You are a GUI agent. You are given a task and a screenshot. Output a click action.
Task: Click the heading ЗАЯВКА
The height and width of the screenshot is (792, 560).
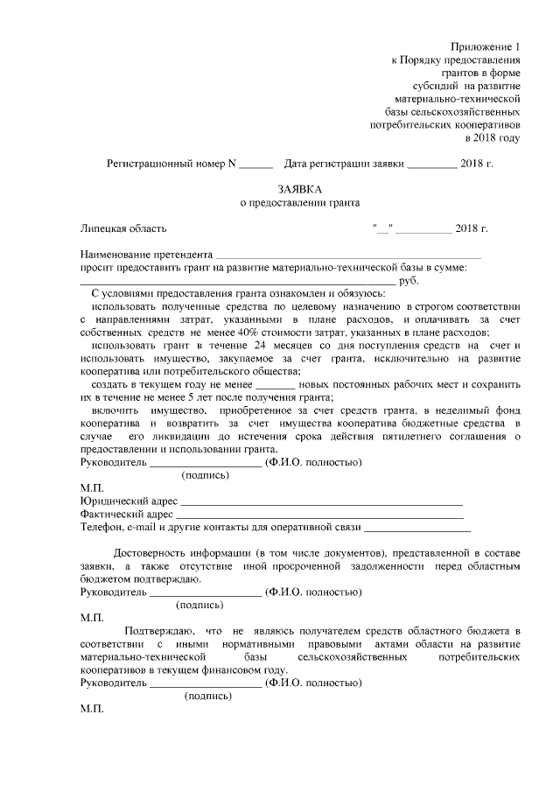pos(300,188)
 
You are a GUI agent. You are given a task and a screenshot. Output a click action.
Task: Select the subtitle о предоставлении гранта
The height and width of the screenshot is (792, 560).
pos(300,203)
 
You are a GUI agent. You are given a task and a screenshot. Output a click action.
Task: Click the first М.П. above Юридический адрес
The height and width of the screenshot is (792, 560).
pos(92,487)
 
